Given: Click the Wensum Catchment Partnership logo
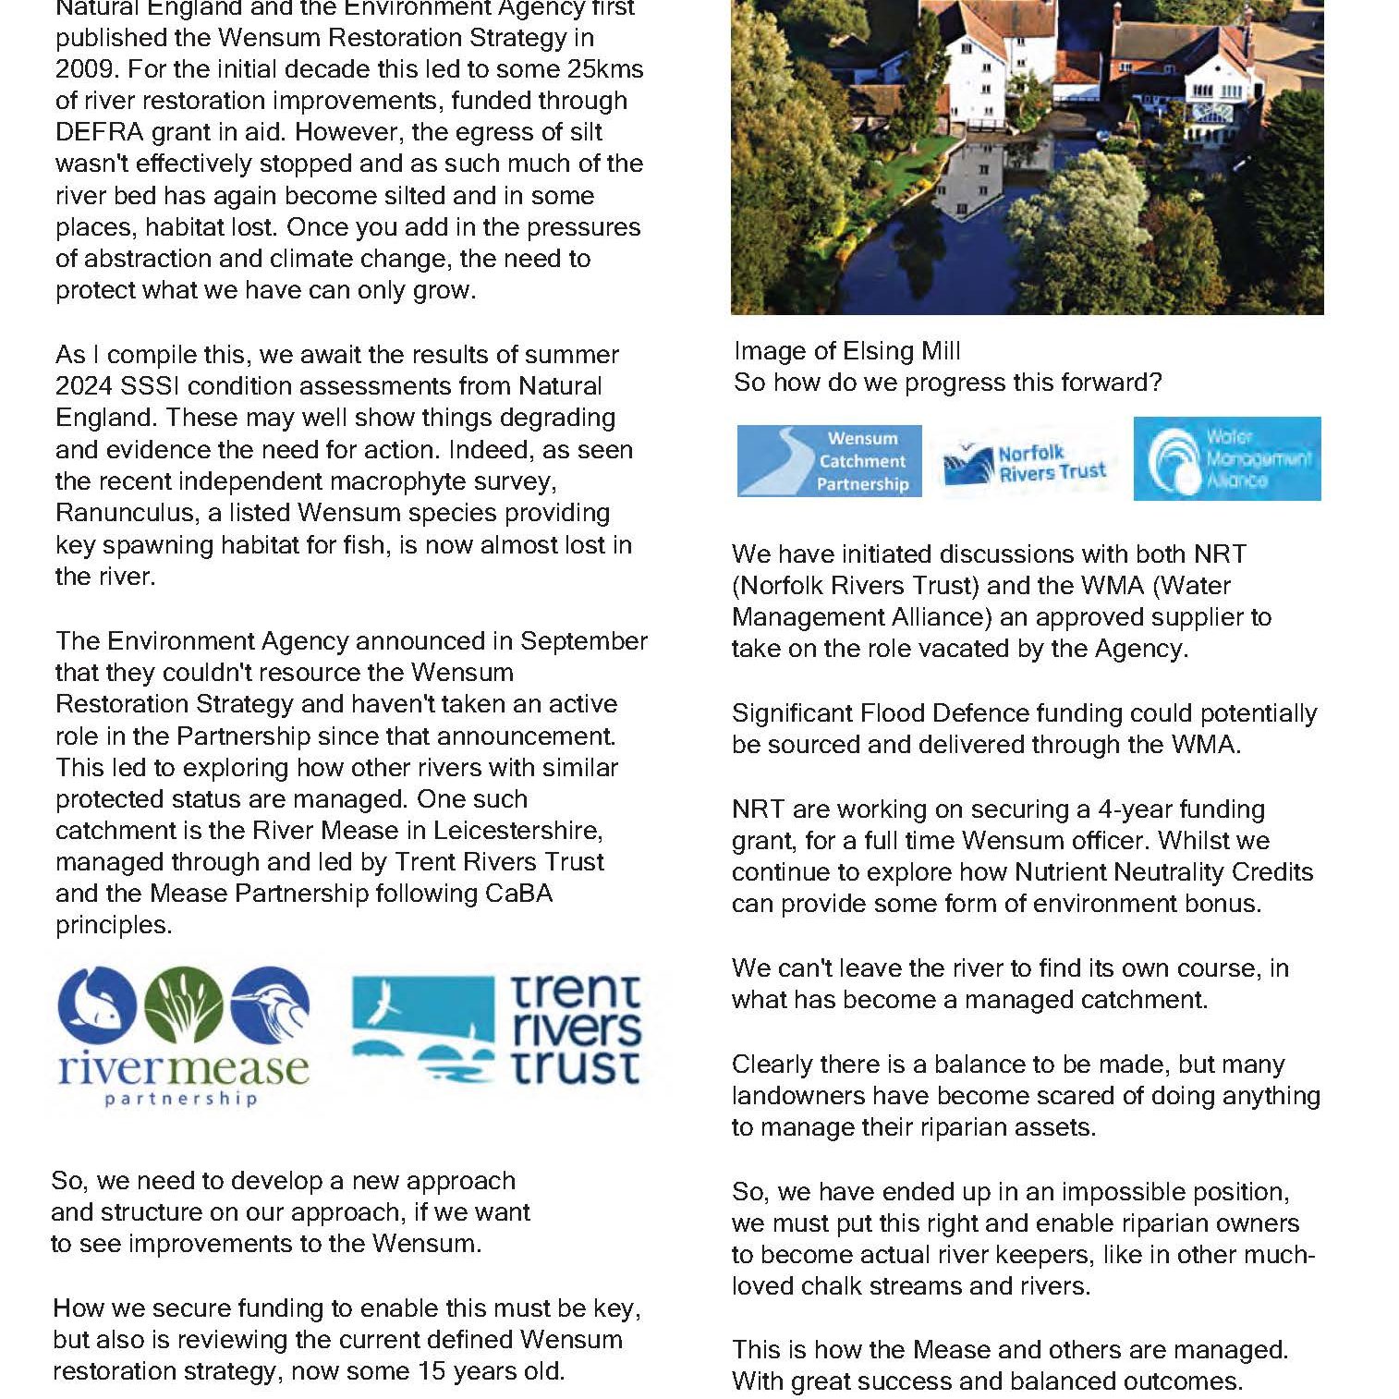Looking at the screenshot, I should (829, 461).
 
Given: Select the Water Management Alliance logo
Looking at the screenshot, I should (1226, 458).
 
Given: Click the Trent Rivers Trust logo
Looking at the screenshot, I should (497, 1029).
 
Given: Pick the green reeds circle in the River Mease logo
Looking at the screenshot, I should (183, 1004).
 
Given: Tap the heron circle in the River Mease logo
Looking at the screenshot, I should (269, 1004).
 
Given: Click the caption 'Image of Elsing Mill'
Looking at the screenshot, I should (846, 351).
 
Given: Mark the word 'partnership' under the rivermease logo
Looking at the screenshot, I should (181, 1099).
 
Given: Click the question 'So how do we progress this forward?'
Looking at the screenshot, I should (947, 383).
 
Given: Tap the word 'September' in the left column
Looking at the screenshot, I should (583, 641).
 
